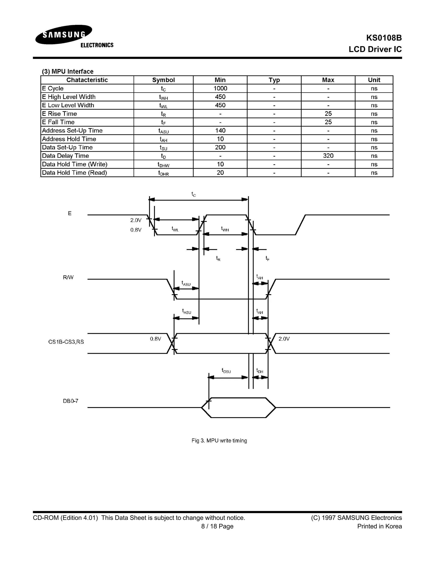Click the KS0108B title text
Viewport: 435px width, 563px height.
click(x=384, y=38)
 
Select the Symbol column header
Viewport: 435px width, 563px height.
click(x=163, y=80)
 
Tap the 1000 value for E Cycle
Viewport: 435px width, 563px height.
click(x=220, y=88)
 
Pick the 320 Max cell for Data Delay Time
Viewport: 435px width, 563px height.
click(x=328, y=156)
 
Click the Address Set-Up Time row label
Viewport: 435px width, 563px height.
click(x=72, y=131)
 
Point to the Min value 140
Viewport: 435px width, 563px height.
click(x=220, y=131)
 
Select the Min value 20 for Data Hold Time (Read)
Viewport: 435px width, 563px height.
click(x=220, y=173)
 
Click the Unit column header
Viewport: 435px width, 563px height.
click(x=374, y=80)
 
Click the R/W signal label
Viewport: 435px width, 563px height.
click(x=68, y=277)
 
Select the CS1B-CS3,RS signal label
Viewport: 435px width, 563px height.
click(x=66, y=342)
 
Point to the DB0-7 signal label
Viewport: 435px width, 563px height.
click(x=71, y=401)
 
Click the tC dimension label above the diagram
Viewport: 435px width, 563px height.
click(x=193, y=194)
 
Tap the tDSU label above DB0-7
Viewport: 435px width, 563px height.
click(x=226, y=371)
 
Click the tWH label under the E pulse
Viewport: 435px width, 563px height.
click(x=225, y=229)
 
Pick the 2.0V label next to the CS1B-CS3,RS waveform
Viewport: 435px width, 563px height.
click(x=284, y=339)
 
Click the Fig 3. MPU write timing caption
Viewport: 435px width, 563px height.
click(x=219, y=441)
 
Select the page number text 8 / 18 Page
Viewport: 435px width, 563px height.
click(x=217, y=526)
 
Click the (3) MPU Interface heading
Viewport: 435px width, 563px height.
click(x=68, y=71)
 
